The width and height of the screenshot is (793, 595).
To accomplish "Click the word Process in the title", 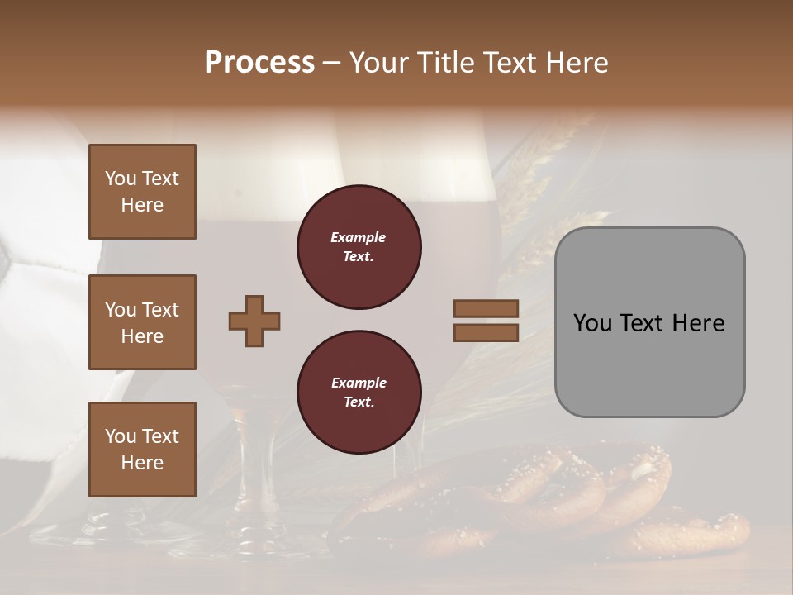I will (259, 63).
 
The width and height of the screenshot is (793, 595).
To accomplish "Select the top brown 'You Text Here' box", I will (142, 192).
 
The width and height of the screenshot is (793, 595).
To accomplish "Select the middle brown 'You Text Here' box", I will (142, 322).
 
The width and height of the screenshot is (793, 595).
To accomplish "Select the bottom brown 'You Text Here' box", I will (142, 450).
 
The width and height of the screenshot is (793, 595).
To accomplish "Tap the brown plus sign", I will (254, 321).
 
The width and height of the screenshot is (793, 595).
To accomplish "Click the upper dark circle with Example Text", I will (359, 247).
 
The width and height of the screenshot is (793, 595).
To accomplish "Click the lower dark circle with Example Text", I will (359, 393).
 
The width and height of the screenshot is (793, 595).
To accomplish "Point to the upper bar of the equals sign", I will (486, 308).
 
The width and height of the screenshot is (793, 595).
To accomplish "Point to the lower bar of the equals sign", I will (486, 332).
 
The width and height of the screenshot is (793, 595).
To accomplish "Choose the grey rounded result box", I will (649, 322).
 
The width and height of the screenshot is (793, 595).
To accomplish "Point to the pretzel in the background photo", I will (512, 496).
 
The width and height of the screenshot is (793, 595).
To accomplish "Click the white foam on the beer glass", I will (273, 165).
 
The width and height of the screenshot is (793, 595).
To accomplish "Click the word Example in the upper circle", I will (359, 237).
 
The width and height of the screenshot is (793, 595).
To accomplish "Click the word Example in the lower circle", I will (359, 383).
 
